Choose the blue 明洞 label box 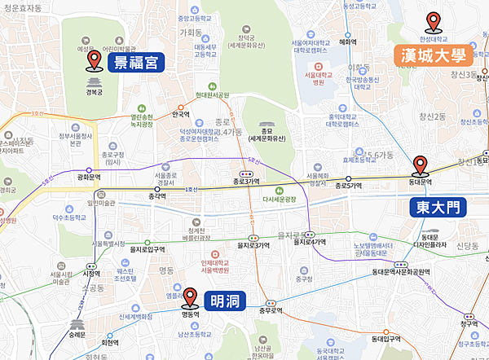tap(220, 301)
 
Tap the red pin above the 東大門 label tap(421, 165)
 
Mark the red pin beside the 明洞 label tap(189, 297)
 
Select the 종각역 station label tap(147, 195)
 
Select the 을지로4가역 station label tap(312, 243)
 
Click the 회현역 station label tap(121, 342)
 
